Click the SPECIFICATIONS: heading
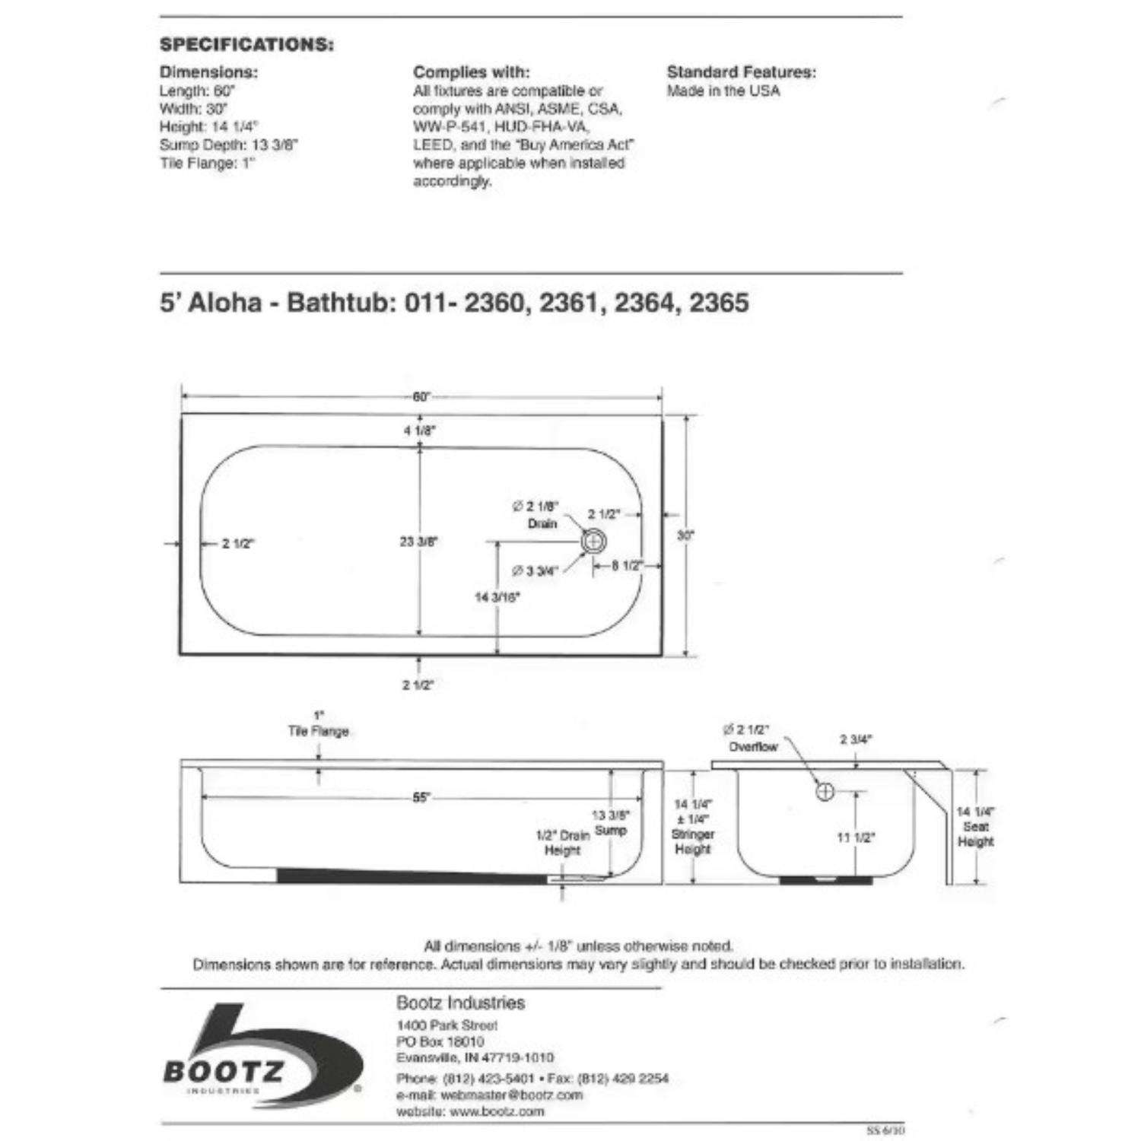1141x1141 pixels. (246, 44)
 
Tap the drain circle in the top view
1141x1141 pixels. (593, 542)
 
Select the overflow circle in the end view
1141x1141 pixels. (825, 791)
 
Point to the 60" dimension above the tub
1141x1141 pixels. (421, 396)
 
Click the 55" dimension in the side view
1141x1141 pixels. (421, 798)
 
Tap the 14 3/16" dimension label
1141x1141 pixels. (497, 597)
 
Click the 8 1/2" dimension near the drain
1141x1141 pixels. (628, 566)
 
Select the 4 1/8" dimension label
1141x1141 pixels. (419, 431)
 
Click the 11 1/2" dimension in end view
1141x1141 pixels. (856, 837)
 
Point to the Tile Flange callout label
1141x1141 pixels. (319, 731)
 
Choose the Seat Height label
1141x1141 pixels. (976, 834)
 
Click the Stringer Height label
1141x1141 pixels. (692, 841)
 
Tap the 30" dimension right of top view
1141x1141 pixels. (686, 536)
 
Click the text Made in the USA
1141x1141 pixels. (723, 91)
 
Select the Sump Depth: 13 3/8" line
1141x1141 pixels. (228, 145)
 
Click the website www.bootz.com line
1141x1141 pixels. (470, 1111)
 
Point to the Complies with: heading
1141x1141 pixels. (472, 72)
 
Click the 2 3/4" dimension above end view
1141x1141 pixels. (856, 739)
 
